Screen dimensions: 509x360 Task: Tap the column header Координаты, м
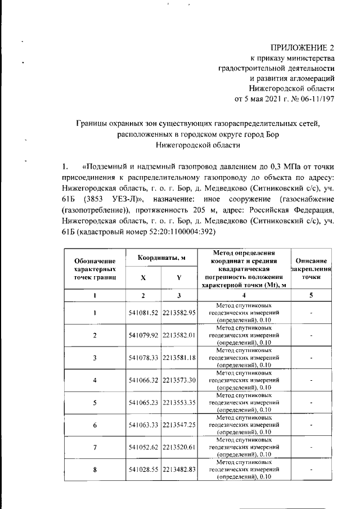161,258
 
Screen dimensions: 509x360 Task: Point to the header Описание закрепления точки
310,269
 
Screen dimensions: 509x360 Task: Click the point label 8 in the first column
95,470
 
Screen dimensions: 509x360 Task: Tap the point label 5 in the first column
95,403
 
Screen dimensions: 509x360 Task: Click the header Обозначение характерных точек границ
95,269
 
